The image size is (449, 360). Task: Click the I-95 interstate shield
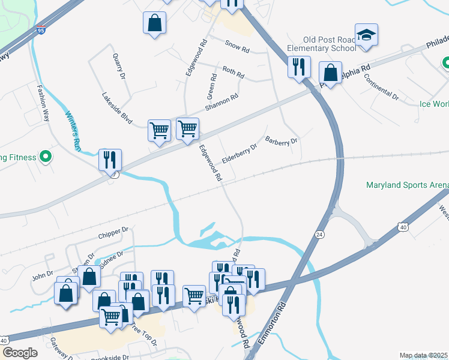(40, 29)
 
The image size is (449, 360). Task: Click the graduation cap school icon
(366, 35)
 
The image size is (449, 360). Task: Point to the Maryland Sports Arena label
(407, 185)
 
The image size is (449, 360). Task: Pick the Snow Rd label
(236, 44)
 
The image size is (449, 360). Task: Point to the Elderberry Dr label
(240, 152)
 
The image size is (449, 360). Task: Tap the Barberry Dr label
(281, 142)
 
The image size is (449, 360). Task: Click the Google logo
(20, 353)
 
